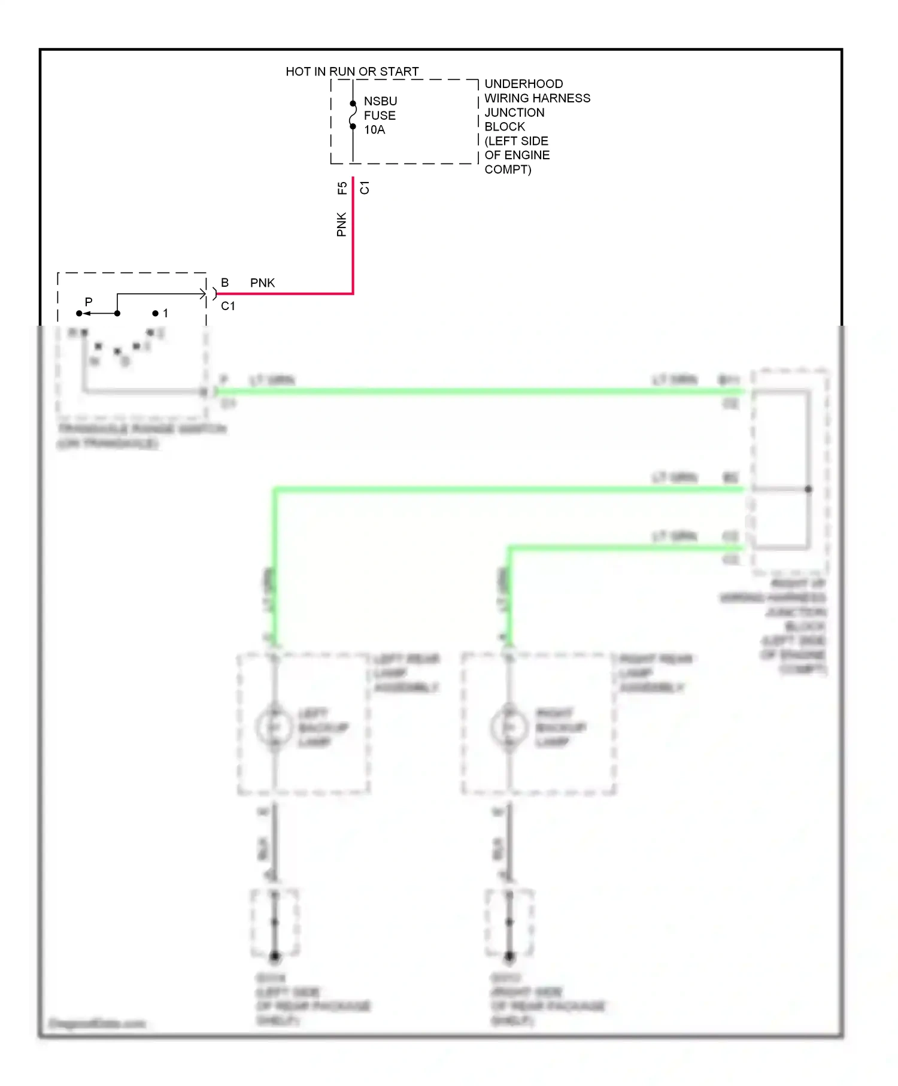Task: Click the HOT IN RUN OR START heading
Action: point(352,71)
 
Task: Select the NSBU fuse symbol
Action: point(353,115)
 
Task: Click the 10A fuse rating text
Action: point(374,130)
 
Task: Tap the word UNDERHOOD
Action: point(523,84)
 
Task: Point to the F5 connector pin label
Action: point(342,188)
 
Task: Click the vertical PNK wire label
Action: point(341,225)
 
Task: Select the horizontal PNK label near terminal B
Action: point(262,283)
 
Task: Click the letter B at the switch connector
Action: point(224,283)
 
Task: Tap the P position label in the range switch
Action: point(89,302)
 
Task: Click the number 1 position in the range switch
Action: point(165,313)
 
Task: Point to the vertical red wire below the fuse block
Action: point(353,239)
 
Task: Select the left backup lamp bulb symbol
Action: point(274,727)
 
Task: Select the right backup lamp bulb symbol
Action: point(509,727)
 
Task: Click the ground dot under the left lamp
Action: point(275,956)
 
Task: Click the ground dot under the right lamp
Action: point(509,956)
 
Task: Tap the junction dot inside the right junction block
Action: point(808,489)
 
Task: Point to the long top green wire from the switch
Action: point(479,392)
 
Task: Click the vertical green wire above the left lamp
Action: point(275,569)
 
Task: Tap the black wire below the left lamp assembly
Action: point(275,844)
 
